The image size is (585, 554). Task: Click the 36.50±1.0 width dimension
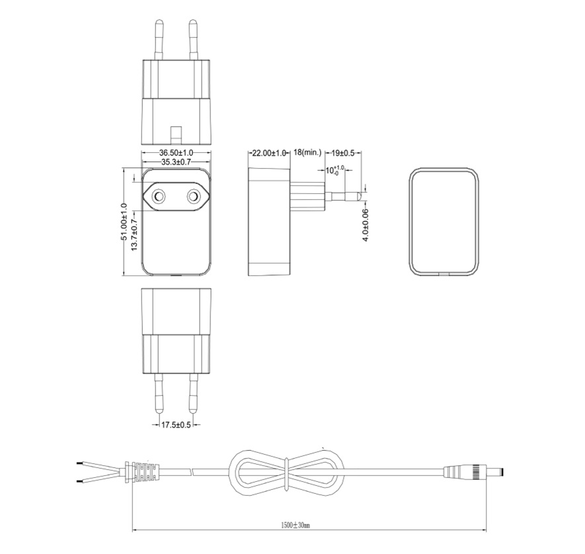[x=176, y=152]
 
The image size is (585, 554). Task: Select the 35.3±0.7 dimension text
[x=176, y=162]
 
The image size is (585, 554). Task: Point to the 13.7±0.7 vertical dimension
[x=135, y=234]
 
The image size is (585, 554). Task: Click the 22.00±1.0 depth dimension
[x=269, y=153]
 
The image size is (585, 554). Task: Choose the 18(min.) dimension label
[x=307, y=152]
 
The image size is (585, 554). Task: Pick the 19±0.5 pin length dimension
[x=343, y=153]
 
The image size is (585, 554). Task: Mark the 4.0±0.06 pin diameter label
[x=366, y=225]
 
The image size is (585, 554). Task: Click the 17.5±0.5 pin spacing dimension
[x=176, y=425]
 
